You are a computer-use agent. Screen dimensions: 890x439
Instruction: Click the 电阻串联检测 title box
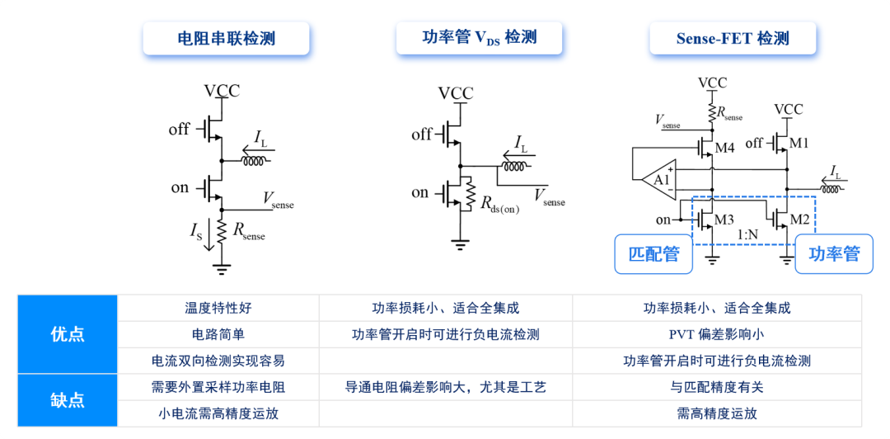226,39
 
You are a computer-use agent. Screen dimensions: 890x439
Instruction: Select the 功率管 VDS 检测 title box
479,38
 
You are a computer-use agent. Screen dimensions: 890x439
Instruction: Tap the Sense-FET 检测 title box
733,39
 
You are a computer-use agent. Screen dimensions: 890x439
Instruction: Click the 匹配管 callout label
654,254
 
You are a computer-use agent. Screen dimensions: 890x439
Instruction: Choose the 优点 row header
68,334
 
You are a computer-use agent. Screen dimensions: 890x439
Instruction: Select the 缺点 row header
68,399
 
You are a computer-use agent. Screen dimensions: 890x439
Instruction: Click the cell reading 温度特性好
218,309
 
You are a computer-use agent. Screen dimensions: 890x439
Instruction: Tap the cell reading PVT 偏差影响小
717,334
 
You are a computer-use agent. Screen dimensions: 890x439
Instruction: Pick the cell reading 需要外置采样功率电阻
218,387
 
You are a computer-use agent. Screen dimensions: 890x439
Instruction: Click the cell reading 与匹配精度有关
717,387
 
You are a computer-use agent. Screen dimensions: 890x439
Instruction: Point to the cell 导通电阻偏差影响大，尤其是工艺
446,387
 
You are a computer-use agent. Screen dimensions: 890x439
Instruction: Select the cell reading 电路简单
218,334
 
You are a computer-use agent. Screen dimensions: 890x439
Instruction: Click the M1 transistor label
799,144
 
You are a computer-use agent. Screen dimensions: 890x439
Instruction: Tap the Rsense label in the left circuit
249,233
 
